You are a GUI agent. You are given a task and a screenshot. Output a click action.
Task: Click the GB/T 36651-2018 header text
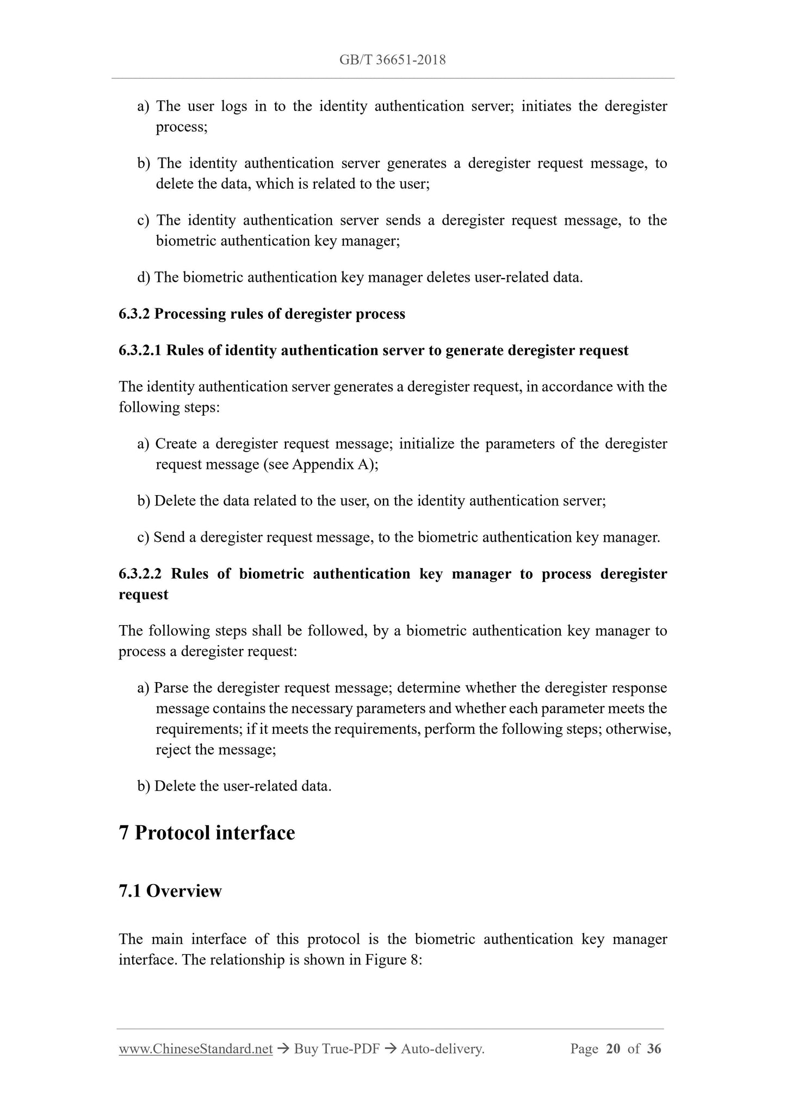(x=392, y=60)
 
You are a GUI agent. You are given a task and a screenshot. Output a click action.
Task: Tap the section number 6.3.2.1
(x=140, y=350)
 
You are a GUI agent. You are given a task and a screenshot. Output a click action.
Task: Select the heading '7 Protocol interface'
(x=207, y=833)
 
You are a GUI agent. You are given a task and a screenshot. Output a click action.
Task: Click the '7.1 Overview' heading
(x=170, y=891)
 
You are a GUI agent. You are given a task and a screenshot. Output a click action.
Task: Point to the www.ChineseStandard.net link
(x=195, y=1049)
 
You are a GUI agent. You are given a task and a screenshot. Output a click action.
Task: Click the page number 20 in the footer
(x=612, y=1049)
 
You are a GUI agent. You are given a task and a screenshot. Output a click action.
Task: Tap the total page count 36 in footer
(x=654, y=1049)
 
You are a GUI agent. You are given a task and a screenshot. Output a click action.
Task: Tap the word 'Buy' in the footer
(x=306, y=1049)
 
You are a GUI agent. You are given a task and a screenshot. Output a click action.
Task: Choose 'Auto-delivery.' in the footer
(x=442, y=1049)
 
